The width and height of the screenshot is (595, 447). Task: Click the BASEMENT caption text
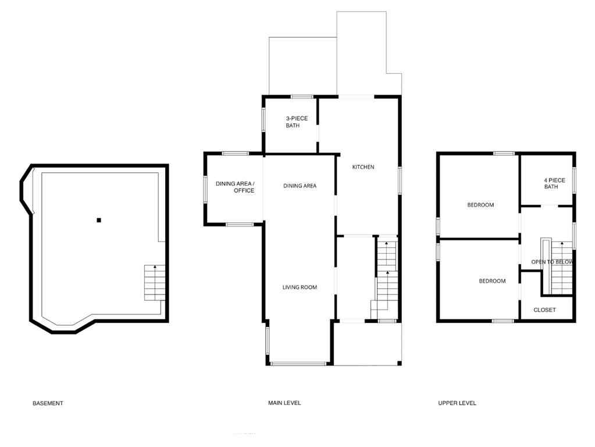point(48,403)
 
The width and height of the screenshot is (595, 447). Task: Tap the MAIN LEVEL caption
point(284,403)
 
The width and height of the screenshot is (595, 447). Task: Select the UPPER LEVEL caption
point(457,403)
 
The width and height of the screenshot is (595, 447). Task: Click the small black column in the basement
point(99,220)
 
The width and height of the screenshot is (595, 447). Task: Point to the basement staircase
point(155,283)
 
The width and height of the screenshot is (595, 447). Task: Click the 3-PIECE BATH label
point(296,122)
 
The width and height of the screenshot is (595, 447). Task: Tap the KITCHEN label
point(363,168)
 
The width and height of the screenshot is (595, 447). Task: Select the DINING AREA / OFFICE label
point(235,187)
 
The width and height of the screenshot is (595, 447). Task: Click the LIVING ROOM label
point(300,288)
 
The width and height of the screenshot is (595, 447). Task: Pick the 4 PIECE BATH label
point(551,183)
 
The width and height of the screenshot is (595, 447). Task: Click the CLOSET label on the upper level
point(544,310)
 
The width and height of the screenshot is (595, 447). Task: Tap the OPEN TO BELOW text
point(551,262)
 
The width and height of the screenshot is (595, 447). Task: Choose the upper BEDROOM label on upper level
point(480,205)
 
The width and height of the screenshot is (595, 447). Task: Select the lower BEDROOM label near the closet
point(492,281)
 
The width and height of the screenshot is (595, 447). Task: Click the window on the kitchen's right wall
point(399,180)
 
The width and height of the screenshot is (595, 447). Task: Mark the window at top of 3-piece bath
point(302,97)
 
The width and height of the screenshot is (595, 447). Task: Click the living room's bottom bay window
point(298,364)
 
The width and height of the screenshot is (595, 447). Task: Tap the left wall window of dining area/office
point(205,190)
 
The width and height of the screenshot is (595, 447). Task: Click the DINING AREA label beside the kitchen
point(300,186)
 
